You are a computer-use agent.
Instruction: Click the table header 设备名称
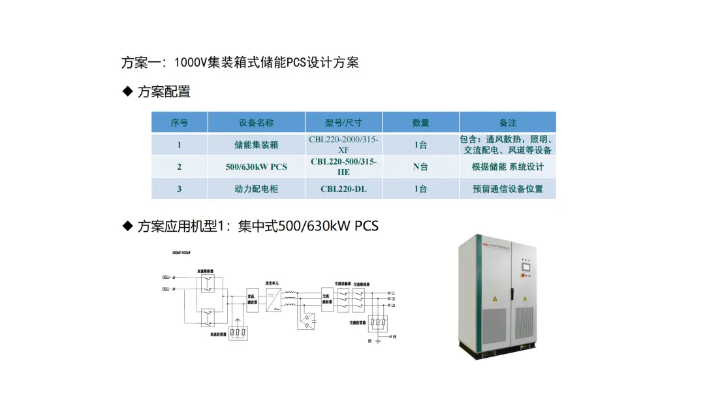256,123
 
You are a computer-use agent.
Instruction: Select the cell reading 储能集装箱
256,145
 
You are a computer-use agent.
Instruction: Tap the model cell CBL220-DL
343,189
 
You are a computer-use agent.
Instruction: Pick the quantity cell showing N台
420,167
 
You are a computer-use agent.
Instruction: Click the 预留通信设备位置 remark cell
507,189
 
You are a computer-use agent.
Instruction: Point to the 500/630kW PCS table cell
256,167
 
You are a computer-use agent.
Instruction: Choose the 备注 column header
507,123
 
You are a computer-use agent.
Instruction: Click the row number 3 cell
180,189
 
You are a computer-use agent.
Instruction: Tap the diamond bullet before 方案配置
128,91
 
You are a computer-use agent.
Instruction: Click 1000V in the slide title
190,63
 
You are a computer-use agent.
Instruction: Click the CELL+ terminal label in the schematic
166,278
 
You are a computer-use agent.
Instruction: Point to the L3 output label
392,306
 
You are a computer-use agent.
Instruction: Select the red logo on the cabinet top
485,245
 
